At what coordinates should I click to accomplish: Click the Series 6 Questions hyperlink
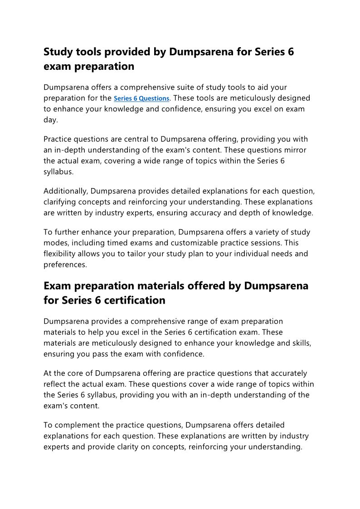(141, 98)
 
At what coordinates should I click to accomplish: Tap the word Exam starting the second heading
(58, 286)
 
